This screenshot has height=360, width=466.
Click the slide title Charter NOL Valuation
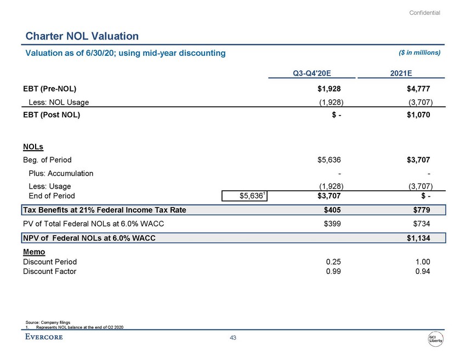[x=82, y=36]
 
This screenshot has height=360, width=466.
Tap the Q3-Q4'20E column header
[x=312, y=72]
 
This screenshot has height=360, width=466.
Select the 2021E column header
[x=416, y=72]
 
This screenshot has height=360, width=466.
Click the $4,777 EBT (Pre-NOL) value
[x=418, y=88]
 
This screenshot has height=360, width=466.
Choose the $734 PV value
[x=422, y=224]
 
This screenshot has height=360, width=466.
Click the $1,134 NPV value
[x=418, y=238]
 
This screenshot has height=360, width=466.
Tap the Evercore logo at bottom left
[x=44, y=336]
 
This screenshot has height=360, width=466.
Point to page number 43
[x=232, y=338]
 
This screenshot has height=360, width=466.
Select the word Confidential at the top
[x=425, y=13]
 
